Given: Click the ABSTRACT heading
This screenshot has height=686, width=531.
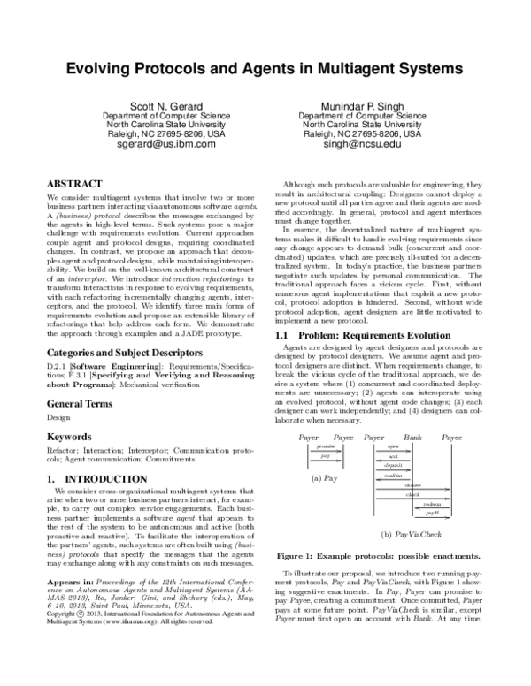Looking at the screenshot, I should [x=78, y=178].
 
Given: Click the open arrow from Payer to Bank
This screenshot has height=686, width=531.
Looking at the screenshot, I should [x=393, y=447].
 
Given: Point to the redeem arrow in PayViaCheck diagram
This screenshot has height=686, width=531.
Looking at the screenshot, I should [x=432, y=504].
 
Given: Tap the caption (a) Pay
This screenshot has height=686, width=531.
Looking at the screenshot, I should [x=323, y=477].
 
